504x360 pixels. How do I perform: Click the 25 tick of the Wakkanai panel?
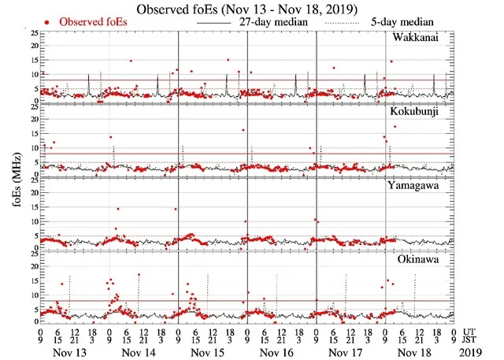tap(32, 34)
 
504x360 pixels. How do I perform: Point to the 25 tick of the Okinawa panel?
tap(32, 253)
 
